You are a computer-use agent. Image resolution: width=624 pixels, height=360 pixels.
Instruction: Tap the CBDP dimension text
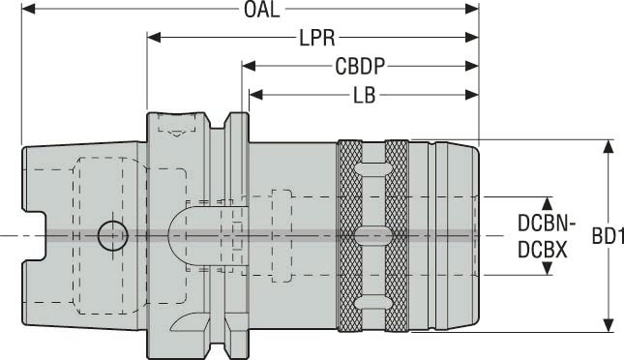361,67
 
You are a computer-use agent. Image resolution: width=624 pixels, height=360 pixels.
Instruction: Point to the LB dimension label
364,95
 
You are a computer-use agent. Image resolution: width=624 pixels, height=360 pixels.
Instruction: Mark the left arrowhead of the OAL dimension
27,11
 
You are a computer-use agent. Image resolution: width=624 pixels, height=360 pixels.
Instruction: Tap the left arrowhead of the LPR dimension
154,39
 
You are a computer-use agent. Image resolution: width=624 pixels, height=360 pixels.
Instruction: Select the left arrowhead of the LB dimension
256,95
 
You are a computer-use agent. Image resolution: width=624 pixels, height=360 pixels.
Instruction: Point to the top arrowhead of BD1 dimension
609,147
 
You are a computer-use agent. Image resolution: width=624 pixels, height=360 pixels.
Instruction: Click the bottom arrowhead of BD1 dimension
609,325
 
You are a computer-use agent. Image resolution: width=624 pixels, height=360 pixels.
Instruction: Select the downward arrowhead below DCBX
547,268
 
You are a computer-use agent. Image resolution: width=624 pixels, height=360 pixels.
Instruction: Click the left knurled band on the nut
346,235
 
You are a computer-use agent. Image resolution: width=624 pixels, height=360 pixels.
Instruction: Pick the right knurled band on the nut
397,235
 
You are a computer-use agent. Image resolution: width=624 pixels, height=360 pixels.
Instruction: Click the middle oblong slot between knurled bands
371,234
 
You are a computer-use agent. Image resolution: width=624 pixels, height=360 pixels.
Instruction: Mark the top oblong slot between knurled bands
371,169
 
